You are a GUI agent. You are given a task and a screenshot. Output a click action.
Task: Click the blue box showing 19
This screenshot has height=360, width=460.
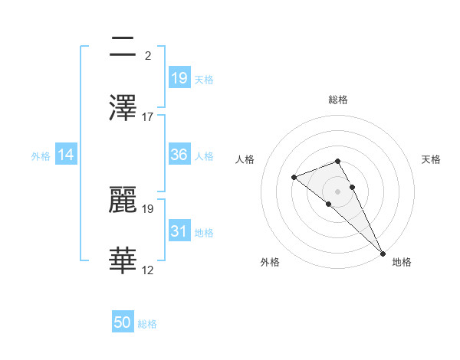click(x=179, y=78)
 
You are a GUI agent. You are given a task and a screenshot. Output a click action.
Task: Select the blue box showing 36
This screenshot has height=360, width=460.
click(x=179, y=155)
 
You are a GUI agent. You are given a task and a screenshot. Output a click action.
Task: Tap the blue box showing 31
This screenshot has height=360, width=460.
click(x=179, y=231)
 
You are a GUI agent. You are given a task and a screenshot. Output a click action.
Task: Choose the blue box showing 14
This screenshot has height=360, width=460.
click(x=66, y=155)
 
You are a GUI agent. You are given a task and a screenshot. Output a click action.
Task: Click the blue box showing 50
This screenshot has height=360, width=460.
click(x=123, y=323)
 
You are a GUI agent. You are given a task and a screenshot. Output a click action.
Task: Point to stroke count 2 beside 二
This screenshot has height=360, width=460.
click(x=147, y=56)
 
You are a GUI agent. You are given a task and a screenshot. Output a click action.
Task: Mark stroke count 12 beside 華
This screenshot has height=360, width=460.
click(x=148, y=270)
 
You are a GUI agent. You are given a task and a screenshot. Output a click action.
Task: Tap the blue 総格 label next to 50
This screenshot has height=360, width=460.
click(x=147, y=324)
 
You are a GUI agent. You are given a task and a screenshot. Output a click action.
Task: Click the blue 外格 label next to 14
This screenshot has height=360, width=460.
click(x=41, y=155)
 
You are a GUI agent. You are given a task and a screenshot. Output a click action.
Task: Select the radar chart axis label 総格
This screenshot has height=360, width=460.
click(x=338, y=100)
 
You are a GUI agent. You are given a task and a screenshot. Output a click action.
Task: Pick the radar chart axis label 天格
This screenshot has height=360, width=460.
click(x=431, y=159)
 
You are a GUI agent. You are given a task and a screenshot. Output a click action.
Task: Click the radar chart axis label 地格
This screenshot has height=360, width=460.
click(x=402, y=262)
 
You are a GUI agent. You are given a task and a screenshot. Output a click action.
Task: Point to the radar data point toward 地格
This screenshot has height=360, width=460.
click(x=383, y=252)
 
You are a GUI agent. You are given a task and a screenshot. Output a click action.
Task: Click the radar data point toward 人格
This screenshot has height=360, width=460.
click(x=294, y=178)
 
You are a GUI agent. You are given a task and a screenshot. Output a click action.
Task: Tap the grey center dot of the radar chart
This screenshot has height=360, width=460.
click(x=338, y=191)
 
